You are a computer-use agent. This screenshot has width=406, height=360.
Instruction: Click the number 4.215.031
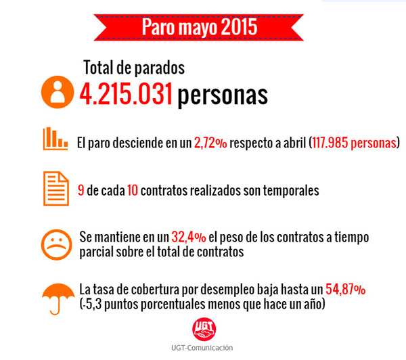pos(125,94)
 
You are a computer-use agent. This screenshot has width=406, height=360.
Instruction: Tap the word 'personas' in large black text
pos(223,95)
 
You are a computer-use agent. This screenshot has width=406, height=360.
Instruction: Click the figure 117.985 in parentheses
pos(336,143)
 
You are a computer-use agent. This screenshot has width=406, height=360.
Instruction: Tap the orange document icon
pos(56,189)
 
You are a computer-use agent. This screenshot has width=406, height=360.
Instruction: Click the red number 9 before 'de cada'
pos(81,191)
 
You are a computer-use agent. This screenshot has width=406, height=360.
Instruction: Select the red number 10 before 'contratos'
pos(133,191)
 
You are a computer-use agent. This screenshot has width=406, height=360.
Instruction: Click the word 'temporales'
pos(290,191)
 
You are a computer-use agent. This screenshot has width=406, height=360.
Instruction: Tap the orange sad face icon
pos(56,244)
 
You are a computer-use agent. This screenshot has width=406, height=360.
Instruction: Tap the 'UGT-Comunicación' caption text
pos(204,347)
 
